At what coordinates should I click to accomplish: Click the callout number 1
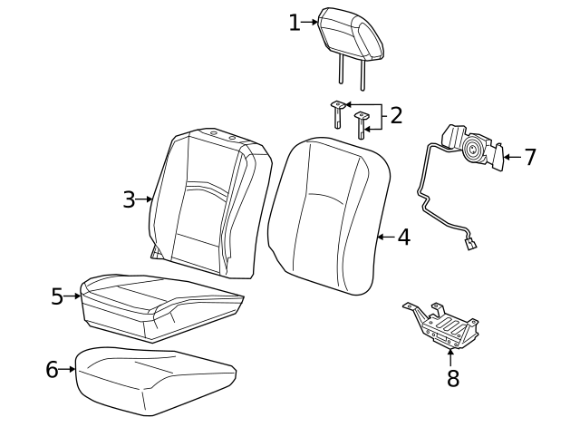click(x=294, y=23)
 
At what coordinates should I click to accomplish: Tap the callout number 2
click(x=395, y=115)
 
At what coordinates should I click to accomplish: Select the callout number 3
click(x=130, y=199)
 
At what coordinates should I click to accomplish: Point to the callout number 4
click(x=403, y=238)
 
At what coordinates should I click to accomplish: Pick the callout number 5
click(x=57, y=296)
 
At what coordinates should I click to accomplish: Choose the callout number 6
click(x=52, y=369)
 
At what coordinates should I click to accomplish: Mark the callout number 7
click(x=530, y=157)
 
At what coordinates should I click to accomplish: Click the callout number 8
click(x=452, y=378)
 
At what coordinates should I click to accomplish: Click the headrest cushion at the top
click(x=351, y=32)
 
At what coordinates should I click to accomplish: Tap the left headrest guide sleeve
click(x=336, y=113)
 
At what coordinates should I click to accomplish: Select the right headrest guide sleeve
click(x=362, y=122)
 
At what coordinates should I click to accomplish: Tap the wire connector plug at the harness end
click(x=471, y=242)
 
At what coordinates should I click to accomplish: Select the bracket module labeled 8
click(x=444, y=326)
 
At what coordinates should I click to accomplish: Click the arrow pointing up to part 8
click(x=450, y=355)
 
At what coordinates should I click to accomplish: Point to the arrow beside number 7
click(x=511, y=157)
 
